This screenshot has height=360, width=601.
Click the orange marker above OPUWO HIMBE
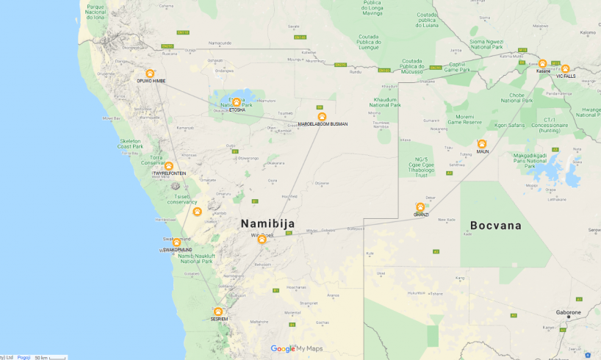pos(150,73)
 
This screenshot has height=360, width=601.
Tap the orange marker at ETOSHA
pos(237,103)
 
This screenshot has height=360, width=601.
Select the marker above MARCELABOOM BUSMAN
pos(322,117)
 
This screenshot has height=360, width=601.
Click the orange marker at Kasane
pos(542,64)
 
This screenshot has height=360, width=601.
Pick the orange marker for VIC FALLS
pos(565,69)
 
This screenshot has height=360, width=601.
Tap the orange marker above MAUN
pos(482,144)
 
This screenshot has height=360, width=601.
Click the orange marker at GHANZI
pos(420,207)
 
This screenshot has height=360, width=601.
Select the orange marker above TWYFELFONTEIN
pos(168,166)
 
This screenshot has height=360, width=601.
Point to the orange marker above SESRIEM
pos(218,312)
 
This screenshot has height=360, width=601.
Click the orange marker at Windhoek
pos(262,239)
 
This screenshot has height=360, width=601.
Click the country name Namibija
pos(267,223)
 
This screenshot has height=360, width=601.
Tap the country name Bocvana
pos(496,226)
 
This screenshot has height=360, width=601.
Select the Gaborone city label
pos(568,312)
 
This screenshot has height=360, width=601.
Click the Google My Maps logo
pos(297,349)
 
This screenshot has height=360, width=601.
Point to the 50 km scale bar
pos(50,357)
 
